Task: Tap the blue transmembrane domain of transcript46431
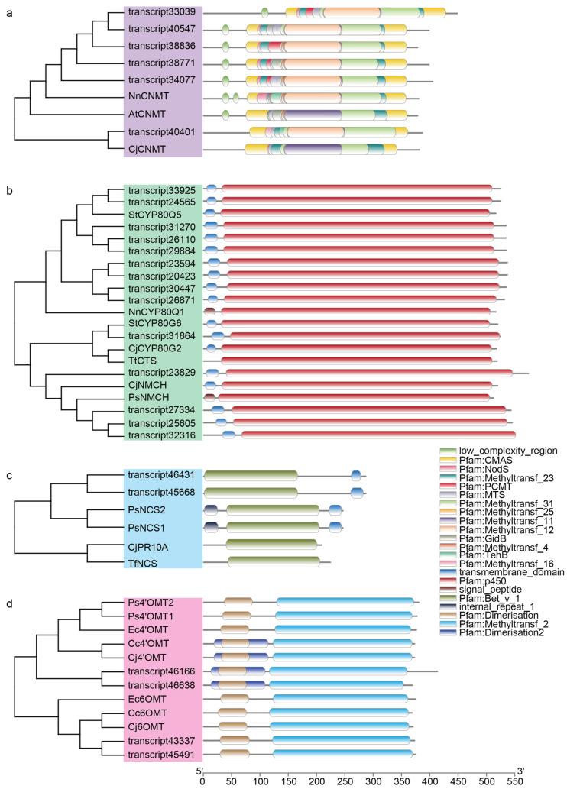point(356,476)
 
